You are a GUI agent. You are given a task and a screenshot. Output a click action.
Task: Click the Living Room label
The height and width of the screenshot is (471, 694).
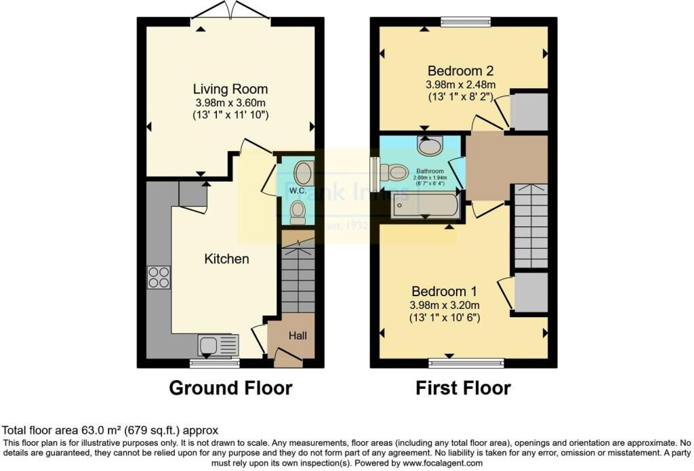coord(230,89)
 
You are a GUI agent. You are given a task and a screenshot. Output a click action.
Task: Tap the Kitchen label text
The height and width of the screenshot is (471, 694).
coord(227,259)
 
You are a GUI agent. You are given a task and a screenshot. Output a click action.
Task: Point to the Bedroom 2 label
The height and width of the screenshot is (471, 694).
coord(460,70)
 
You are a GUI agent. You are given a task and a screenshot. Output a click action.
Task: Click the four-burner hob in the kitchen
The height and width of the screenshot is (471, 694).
coord(159,278)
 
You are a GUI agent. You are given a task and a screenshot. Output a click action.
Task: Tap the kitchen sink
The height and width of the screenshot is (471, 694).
coord(218,345)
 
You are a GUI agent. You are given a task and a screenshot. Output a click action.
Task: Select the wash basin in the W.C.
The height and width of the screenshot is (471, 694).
coord(305,172)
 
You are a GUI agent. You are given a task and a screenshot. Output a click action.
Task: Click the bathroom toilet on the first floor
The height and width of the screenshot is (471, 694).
coord(394,172)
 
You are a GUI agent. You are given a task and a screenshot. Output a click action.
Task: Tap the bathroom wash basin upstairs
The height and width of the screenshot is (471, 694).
coord(430,146)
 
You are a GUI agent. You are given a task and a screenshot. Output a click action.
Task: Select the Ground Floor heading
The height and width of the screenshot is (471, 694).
coord(230,388)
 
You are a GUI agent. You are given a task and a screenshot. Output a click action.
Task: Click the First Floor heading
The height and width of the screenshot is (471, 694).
coord(463,388)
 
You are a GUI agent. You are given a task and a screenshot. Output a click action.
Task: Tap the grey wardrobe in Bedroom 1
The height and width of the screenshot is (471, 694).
coord(530,293)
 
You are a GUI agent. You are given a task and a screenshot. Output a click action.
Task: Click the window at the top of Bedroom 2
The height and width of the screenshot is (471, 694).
coord(466,22)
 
